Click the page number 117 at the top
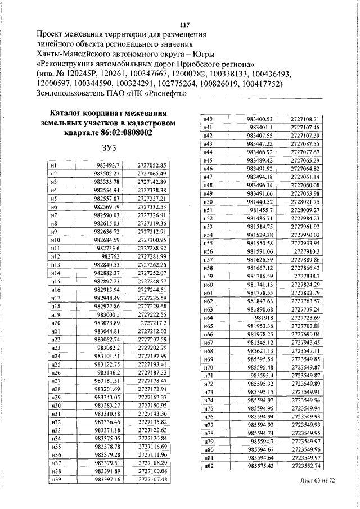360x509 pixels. tap(184, 25)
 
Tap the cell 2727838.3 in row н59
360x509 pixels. tap(307, 276)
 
